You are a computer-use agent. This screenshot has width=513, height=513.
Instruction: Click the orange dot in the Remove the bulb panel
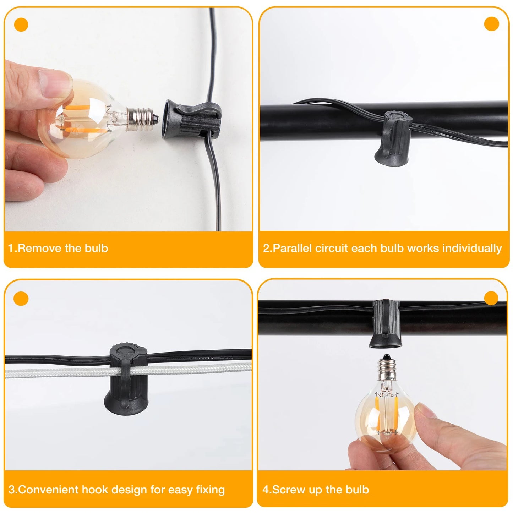pyautogui.click(x=21, y=25)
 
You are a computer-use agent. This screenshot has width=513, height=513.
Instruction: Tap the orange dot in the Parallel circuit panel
pyautogui.click(x=491, y=24)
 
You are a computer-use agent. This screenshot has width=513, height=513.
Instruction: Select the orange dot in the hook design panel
pyautogui.click(x=21, y=299)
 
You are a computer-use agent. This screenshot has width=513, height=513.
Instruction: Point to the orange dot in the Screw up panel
pyautogui.click(x=491, y=298)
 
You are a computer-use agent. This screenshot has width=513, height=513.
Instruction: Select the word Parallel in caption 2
pyautogui.click(x=292, y=248)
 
